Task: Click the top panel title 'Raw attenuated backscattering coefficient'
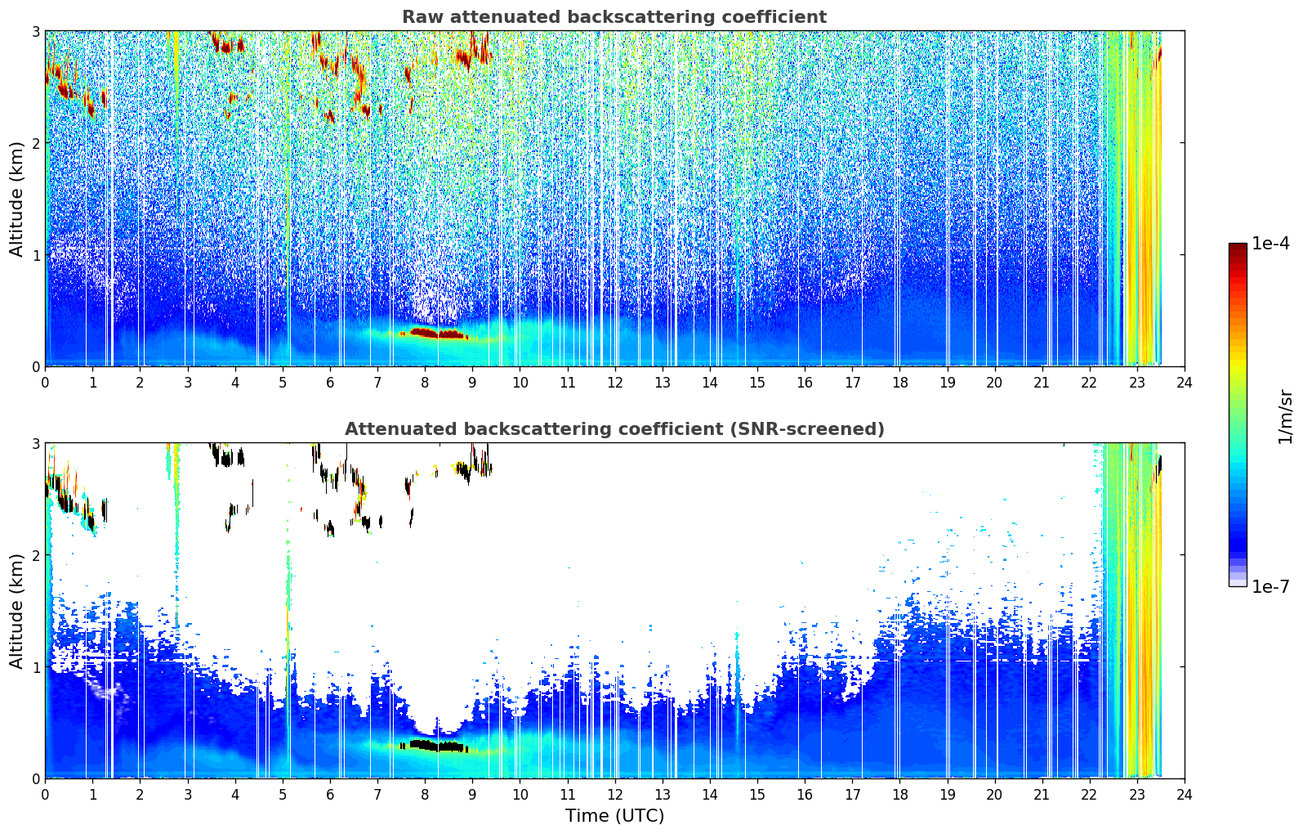click(x=614, y=17)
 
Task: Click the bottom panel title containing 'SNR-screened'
click(x=614, y=428)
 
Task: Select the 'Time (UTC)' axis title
click(x=614, y=815)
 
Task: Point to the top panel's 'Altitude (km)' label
click(x=16, y=200)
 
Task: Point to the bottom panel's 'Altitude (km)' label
click(x=16, y=612)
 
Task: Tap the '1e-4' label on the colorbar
click(x=1270, y=244)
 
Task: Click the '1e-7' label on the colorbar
click(x=1270, y=586)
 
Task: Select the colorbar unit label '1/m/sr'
click(x=1285, y=417)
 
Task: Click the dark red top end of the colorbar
click(x=1238, y=246)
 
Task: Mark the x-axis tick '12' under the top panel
click(x=615, y=383)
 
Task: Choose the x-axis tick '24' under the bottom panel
click(x=1185, y=795)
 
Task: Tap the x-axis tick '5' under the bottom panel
click(x=283, y=795)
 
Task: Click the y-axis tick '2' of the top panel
click(x=35, y=143)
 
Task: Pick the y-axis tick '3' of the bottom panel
click(x=35, y=442)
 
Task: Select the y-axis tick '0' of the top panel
click(x=35, y=367)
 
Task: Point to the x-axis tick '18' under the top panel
click(x=900, y=383)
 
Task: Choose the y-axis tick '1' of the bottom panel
click(x=35, y=667)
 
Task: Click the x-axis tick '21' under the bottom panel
click(x=1042, y=795)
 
